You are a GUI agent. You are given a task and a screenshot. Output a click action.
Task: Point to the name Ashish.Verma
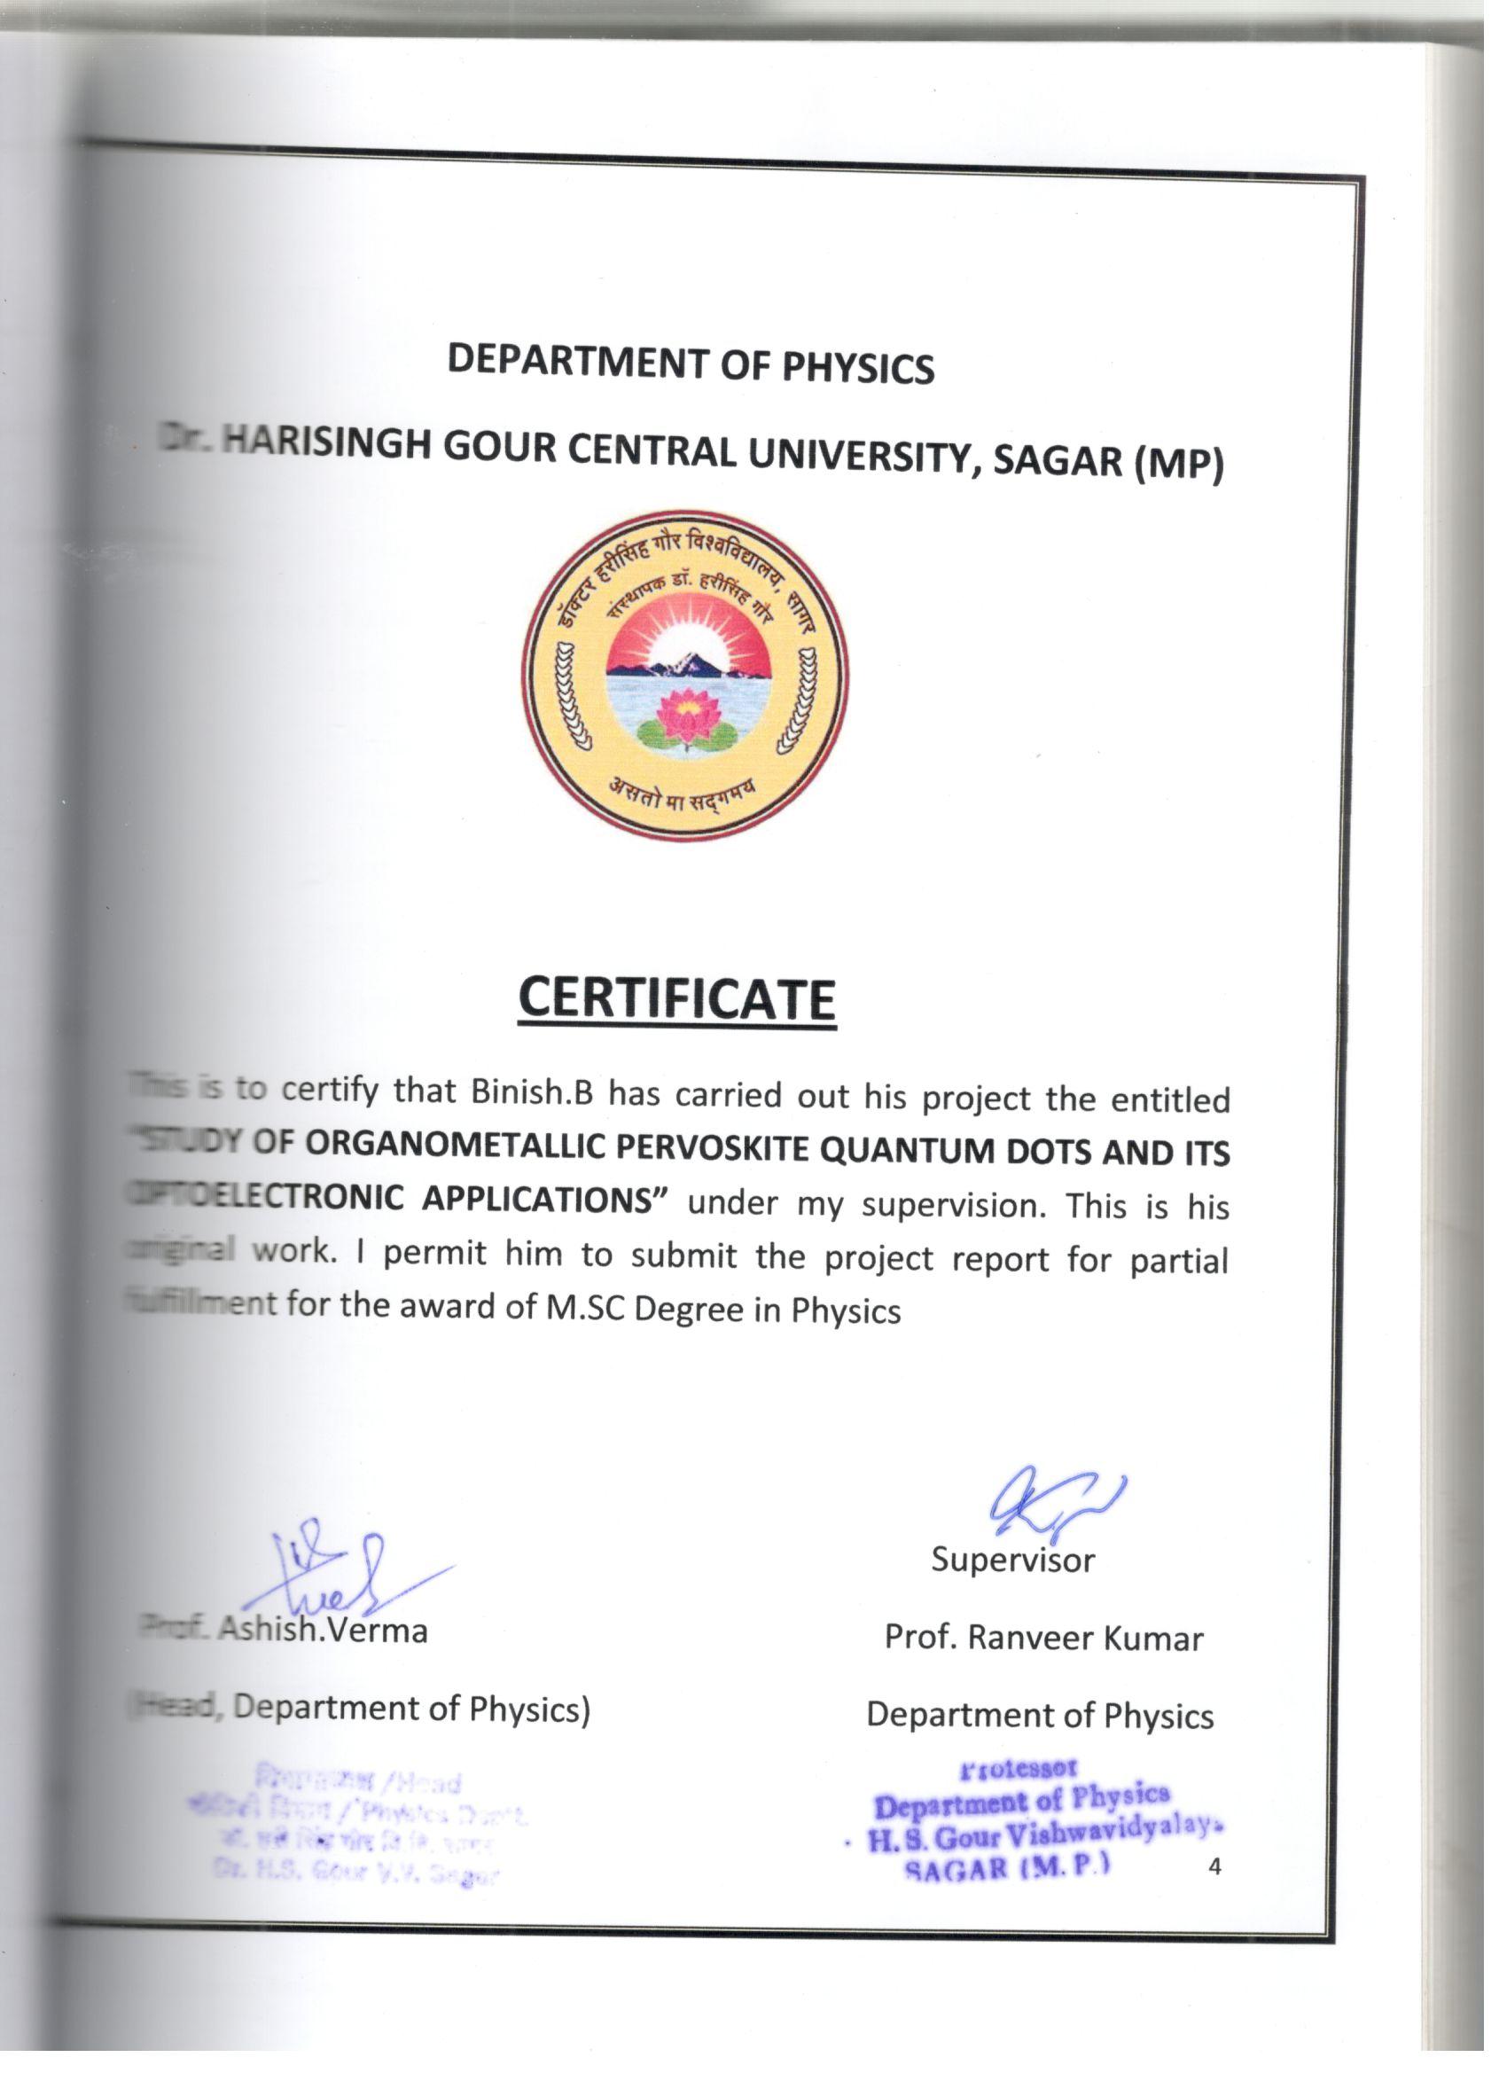point(323,1630)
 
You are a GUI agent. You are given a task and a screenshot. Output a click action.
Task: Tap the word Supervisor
point(1012,1560)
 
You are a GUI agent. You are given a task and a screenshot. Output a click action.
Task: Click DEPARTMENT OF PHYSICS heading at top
point(690,364)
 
